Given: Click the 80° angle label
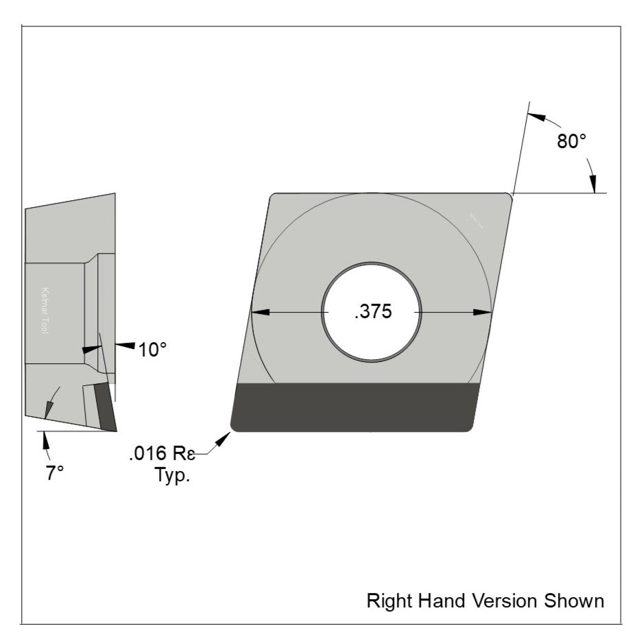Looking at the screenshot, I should [571, 142].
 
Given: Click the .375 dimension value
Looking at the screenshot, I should [373, 312].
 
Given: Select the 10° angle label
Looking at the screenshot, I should [152, 350].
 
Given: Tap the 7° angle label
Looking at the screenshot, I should [56, 473].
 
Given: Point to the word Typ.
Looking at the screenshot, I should [171, 475].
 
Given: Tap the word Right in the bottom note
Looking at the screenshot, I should [387, 601].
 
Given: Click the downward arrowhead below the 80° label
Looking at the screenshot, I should [593, 184].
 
